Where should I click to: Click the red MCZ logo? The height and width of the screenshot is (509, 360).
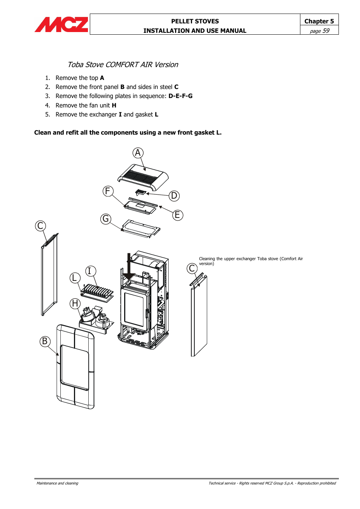tap(62, 25)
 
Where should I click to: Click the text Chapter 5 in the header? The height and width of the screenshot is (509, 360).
tap(319, 21)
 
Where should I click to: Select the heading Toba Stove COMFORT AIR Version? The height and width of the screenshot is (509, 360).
tap(123, 64)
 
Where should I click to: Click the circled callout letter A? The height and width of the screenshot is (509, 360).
tap(138, 153)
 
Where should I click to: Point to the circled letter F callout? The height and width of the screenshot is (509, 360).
tap(108, 191)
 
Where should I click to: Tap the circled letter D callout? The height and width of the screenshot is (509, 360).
tap(174, 196)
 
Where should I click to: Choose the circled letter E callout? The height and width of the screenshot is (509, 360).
tap(177, 215)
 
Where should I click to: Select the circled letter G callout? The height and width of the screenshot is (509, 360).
tap(106, 219)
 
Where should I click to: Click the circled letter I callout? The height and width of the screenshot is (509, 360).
tap(90, 271)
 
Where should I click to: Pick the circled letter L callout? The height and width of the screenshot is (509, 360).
tap(75, 278)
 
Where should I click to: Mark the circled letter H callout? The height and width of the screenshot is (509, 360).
tap(75, 303)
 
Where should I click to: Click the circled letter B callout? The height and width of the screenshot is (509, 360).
tap(45, 341)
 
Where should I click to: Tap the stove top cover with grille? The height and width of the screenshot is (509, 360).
tap(143, 177)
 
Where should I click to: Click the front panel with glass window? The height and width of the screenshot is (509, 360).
tap(75, 366)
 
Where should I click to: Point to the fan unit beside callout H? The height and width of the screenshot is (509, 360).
tap(94, 319)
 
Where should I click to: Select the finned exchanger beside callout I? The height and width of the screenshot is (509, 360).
tap(97, 292)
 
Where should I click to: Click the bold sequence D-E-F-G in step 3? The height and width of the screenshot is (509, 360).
tap(180, 96)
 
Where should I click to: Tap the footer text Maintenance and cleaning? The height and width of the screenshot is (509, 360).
tap(57, 483)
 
